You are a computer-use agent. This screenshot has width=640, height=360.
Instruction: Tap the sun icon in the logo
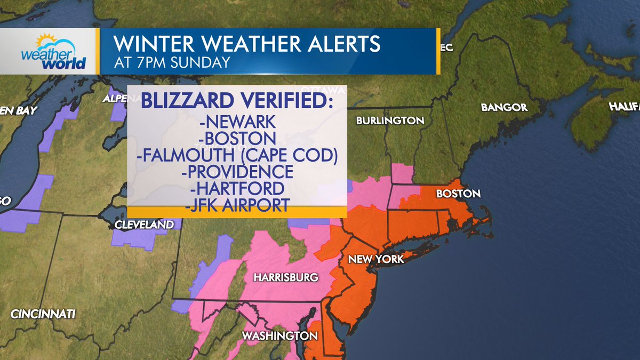click(x=45, y=41)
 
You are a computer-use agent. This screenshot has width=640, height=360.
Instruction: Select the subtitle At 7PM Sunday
click(x=172, y=62)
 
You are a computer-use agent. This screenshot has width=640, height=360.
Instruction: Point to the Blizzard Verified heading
click(x=237, y=100)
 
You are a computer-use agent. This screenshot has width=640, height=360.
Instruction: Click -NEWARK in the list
click(x=237, y=122)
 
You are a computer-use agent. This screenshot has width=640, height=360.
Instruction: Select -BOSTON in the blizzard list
click(x=237, y=139)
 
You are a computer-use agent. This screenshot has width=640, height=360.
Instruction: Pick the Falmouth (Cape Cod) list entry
click(x=237, y=155)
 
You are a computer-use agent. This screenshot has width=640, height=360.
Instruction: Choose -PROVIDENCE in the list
click(x=237, y=172)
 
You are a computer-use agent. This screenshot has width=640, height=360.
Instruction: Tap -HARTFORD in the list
click(x=237, y=188)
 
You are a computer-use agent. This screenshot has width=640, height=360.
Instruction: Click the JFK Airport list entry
click(x=237, y=205)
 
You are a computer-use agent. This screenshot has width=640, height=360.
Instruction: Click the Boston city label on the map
click(x=458, y=194)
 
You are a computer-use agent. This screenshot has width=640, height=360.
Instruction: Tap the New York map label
click(x=376, y=259)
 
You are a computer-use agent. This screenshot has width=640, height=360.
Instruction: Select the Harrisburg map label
click(x=286, y=277)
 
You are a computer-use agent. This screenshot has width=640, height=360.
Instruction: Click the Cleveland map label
click(x=144, y=225)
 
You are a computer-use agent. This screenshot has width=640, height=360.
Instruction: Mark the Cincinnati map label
click(x=43, y=314)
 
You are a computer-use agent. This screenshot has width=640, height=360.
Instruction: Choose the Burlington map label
click(x=390, y=121)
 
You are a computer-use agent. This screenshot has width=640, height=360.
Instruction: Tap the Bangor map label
click(x=504, y=108)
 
